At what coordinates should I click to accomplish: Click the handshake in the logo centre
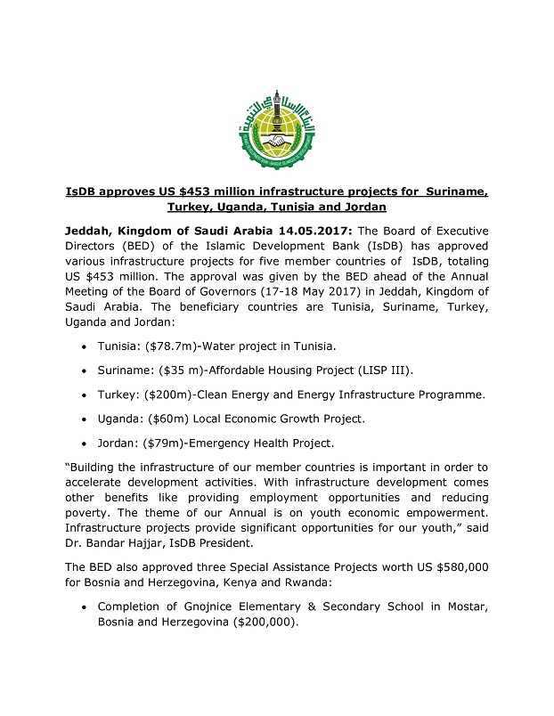pos(276,140)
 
